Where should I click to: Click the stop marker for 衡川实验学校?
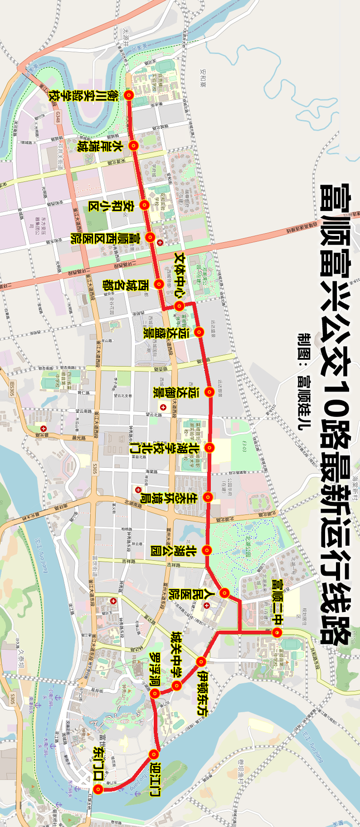pos(129,95)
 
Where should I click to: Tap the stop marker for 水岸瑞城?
pos(133,145)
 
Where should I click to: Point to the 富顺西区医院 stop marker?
pos(150,236)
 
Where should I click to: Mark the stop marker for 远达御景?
pos(209,391)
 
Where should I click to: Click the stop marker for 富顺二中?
pos(278,632)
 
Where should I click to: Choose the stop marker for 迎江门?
pos(154,754)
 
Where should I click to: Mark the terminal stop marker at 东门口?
pos(98,790)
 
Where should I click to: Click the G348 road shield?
pos(58,117)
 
